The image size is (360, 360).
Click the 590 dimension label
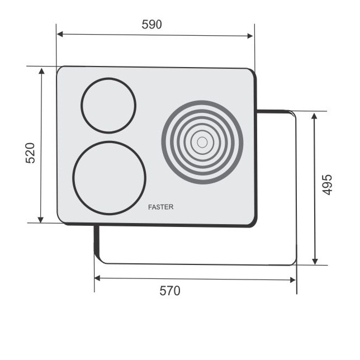[151, 25]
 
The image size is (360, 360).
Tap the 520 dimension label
[30, 153]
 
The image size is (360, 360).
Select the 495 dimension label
[327, 185]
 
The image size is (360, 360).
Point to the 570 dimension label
[170, 291]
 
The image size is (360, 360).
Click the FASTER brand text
[161, 207]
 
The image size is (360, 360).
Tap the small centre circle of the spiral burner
[202, 143]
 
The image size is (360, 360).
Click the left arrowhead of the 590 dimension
[60, 35]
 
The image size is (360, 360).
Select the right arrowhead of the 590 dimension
[250, 36]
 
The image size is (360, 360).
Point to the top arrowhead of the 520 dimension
[41, 71]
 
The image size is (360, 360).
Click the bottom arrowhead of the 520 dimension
[41, 220]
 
